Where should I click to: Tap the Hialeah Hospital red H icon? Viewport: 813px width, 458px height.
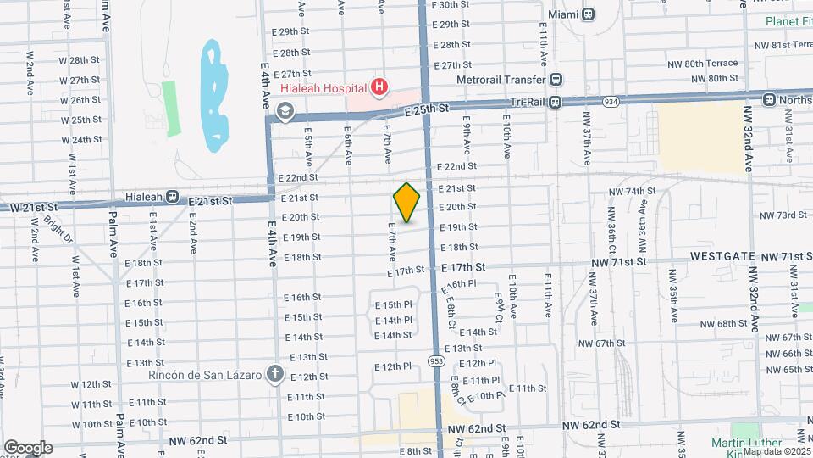tap(379, 87)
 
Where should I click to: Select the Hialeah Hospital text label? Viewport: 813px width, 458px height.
tap(312, 87)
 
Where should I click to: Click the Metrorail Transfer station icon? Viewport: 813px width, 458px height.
tap(556, 80)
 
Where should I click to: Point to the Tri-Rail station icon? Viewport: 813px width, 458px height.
tap(556, 103)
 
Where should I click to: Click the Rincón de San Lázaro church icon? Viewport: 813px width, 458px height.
tap(274, 373)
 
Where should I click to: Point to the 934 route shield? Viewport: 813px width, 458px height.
tap(611, 102)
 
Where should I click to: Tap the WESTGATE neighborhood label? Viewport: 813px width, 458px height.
tap(721, 255)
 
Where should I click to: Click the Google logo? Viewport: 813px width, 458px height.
tap(27, 448)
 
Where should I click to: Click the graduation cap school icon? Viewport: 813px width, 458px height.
tap(285, 110)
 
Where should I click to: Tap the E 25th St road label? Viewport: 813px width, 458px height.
tap(425, 109)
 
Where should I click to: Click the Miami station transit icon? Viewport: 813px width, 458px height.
tap(588, 14)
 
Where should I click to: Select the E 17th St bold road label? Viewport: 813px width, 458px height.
tap(463, 267)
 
